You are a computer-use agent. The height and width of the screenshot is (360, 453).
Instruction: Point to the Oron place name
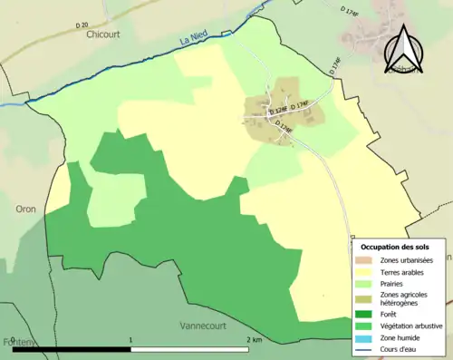coord(24,209)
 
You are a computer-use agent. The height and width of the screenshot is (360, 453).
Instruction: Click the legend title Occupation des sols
coord(396,247)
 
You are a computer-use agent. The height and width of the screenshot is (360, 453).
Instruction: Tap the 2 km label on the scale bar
coord(254,340)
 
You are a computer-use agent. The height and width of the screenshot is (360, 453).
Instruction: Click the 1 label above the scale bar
coord(132,340)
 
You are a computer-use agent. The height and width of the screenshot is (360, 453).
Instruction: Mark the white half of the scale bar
coord(192,349)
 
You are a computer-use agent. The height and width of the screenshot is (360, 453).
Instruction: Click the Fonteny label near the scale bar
coord(15,342)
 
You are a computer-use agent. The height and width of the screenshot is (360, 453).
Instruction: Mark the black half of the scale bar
coord(72,349)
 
